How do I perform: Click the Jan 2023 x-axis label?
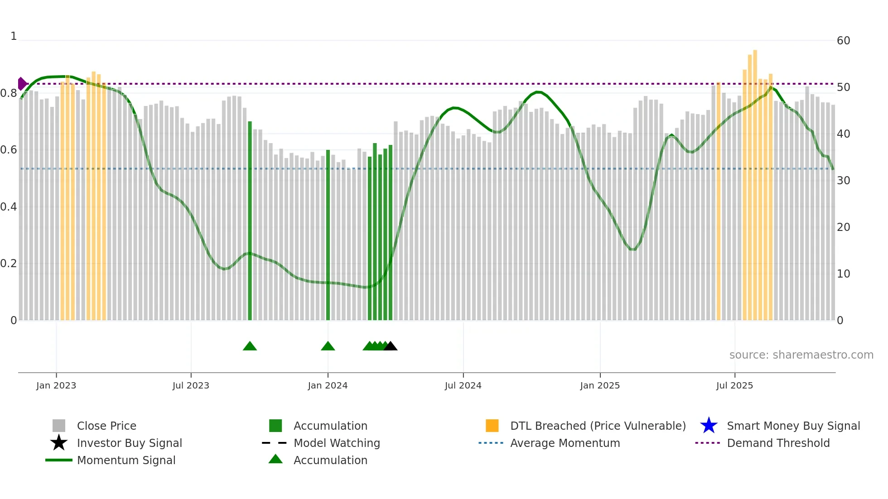click(56, 385)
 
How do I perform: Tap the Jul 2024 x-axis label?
click(463, 385)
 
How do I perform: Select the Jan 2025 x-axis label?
click(600, 385)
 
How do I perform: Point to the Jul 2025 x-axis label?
click(734, 385)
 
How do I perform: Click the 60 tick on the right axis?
click(843, 41)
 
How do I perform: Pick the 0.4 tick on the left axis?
click(9, 207)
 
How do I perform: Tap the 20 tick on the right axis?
click(843, 227)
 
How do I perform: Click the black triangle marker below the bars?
click(391, 346)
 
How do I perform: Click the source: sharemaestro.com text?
click(801, 355)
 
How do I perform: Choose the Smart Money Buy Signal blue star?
click(709, 426)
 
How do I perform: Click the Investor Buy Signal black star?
click(59, 443)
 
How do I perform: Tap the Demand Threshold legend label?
click(778, 443)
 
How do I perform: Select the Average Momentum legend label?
click(565, 443)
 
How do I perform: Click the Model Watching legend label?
click(337, 443)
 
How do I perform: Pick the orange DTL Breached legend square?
click(492, 426)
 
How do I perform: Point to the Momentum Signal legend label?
click(126, 460)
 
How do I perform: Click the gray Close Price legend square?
click(59, 426)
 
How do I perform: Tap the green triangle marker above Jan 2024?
click(328, 346)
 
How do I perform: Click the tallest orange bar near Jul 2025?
click(755, 181)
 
